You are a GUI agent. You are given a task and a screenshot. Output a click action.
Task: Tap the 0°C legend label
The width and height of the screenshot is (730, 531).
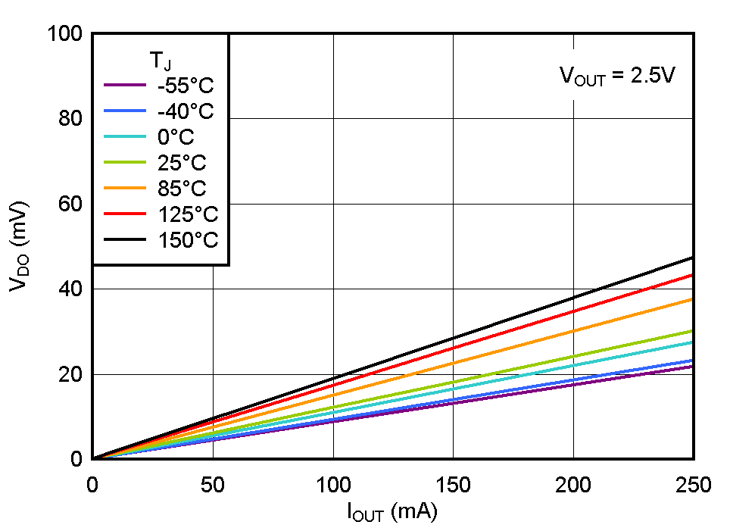(x=176, y=136)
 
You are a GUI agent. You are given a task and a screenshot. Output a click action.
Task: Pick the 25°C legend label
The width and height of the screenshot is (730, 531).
(x=181, y=162)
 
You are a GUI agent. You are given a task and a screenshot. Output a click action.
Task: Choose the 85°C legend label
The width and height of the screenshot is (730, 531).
(x=181, y=188)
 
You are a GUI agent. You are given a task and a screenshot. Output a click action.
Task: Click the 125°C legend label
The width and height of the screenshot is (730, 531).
(x=187, y=214)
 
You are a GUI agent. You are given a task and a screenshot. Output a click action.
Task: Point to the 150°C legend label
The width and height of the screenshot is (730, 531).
(x=187, y=240)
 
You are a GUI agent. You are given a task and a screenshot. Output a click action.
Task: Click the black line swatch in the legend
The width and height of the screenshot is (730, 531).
(x=124, y=240)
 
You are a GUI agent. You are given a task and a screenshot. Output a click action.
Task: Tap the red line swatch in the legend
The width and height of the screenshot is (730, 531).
(x=124, y=214)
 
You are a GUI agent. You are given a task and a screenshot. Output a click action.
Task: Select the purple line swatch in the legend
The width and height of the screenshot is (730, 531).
(x=124, y=85)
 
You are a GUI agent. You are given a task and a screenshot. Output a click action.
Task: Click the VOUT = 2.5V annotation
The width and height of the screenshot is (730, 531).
(x=617, y=76)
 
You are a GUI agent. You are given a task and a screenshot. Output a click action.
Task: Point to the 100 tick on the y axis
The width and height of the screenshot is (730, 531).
(x=65, y=34)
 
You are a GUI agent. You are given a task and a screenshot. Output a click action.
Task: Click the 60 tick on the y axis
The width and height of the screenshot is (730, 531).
(x=70, y=204)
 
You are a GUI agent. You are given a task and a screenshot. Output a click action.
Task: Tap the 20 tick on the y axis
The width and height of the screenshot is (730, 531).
(x=70, y=374)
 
